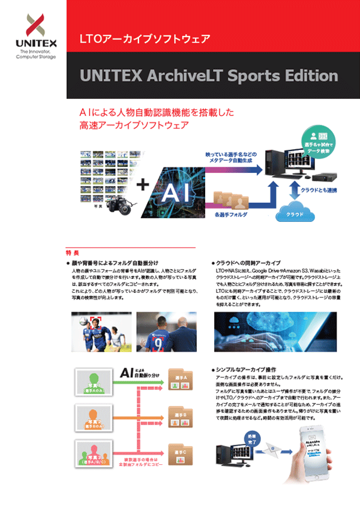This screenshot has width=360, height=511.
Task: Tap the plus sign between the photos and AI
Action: (143, 185)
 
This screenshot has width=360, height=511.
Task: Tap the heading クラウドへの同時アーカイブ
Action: (250, 263)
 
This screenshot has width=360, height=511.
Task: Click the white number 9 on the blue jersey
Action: (158, 344)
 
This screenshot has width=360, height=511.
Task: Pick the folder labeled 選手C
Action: (181, 454)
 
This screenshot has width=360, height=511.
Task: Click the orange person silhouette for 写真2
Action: (92, 414)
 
